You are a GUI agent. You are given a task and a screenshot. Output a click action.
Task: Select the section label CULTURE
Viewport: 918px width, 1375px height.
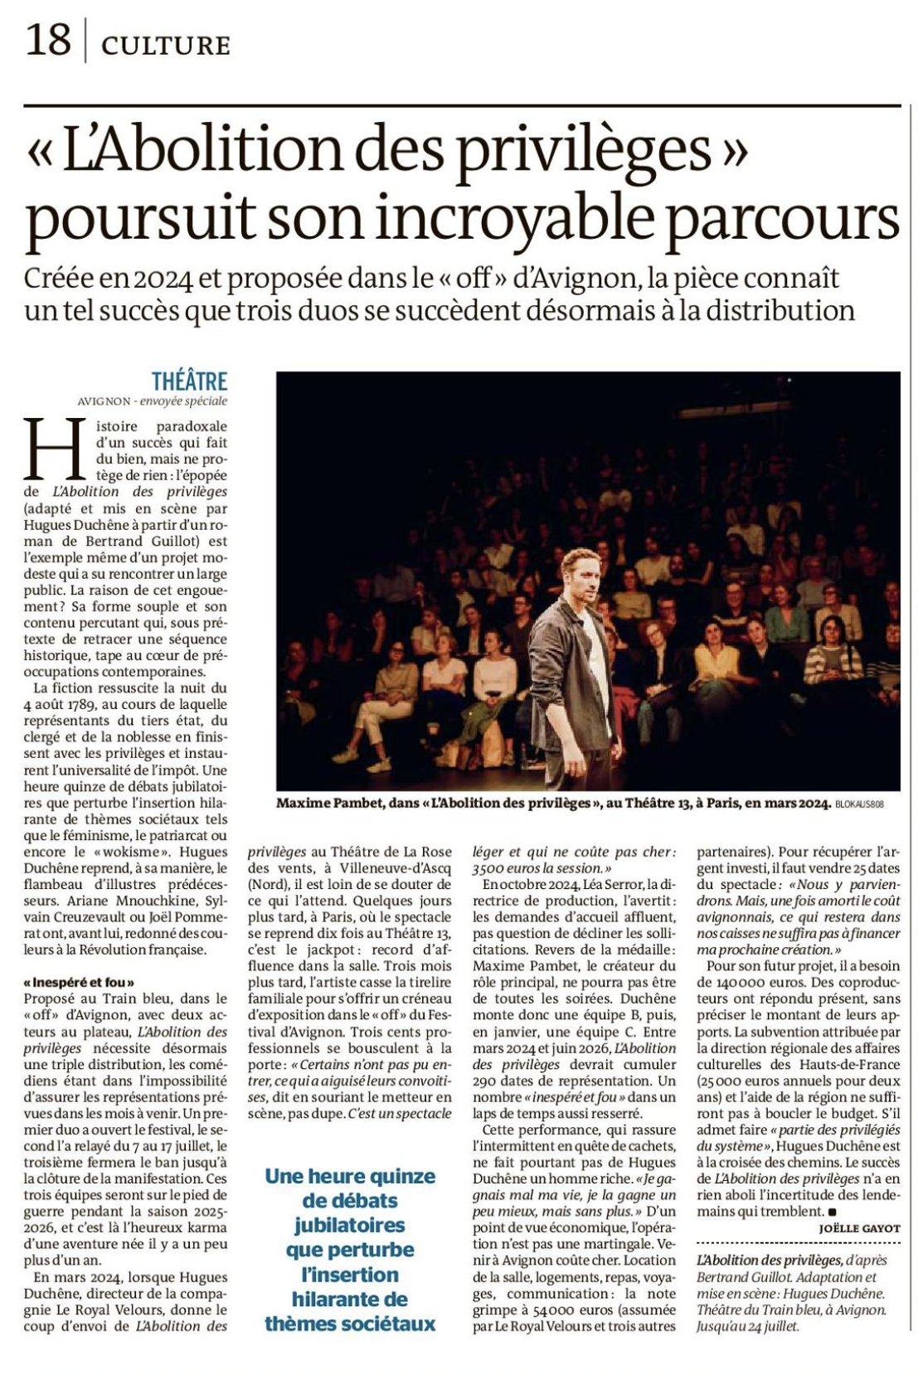(165, 45)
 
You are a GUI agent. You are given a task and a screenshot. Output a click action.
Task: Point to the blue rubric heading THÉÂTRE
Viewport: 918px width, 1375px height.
(189, 381)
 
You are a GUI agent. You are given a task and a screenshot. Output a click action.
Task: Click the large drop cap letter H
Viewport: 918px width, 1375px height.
(56, 448)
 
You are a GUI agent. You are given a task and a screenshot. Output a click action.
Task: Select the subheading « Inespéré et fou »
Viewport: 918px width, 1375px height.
(79, 982)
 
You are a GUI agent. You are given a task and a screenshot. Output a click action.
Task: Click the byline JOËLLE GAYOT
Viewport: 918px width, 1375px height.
(859, 1228)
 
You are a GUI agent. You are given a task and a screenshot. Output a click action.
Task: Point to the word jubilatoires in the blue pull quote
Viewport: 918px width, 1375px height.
(349, 1224)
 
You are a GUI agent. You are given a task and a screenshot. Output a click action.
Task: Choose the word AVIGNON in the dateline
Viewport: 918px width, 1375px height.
(104, 401)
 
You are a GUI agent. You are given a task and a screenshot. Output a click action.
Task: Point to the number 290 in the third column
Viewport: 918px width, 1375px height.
(486, 1081)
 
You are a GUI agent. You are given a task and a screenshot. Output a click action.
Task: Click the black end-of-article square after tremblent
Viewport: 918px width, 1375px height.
(832, 1212)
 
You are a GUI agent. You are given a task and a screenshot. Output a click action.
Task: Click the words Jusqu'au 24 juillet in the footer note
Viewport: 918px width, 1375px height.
(749, 1326)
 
